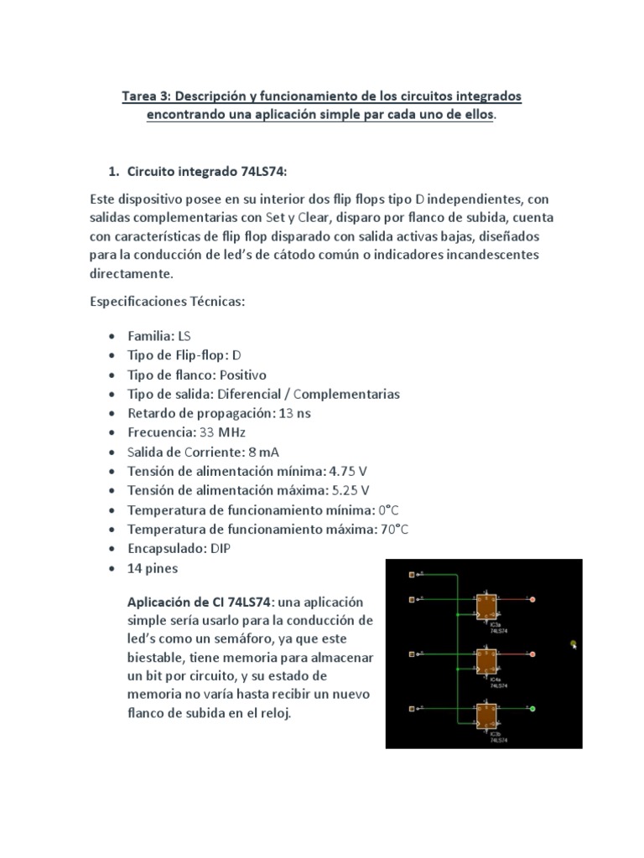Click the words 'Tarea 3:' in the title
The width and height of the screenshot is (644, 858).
coord(148,96)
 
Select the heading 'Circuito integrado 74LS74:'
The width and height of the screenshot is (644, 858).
coord(207,171)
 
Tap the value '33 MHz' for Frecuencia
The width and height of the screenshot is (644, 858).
coord(222,432)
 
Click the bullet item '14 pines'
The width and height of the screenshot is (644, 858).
coord(152,568)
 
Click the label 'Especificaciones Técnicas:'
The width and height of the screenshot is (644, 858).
coord(167,302)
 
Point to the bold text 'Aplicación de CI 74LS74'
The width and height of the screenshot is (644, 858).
coord(199,602)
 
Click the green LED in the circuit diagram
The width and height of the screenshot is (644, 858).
coord(532,710)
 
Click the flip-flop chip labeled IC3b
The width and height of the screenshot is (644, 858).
coord(486,716)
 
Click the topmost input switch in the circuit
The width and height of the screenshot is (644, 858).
coord(411,575)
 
